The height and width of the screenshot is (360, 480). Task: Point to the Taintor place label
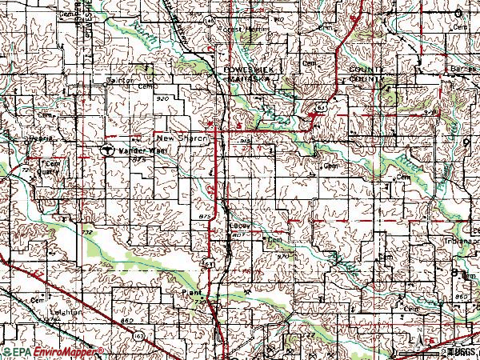119,80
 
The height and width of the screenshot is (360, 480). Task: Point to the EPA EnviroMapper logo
52,352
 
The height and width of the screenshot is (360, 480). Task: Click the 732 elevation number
86,231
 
